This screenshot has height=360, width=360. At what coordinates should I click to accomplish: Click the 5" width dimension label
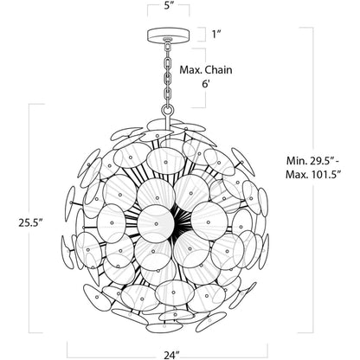tap(168, 6)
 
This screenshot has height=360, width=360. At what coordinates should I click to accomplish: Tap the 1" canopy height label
tap(216, 35)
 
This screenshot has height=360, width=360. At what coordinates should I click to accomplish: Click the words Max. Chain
tap(206, 70)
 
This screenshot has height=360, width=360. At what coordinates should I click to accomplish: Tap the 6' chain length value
tap(205, 84)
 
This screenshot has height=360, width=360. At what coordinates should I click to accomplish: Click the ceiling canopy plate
tap(168, 35)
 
